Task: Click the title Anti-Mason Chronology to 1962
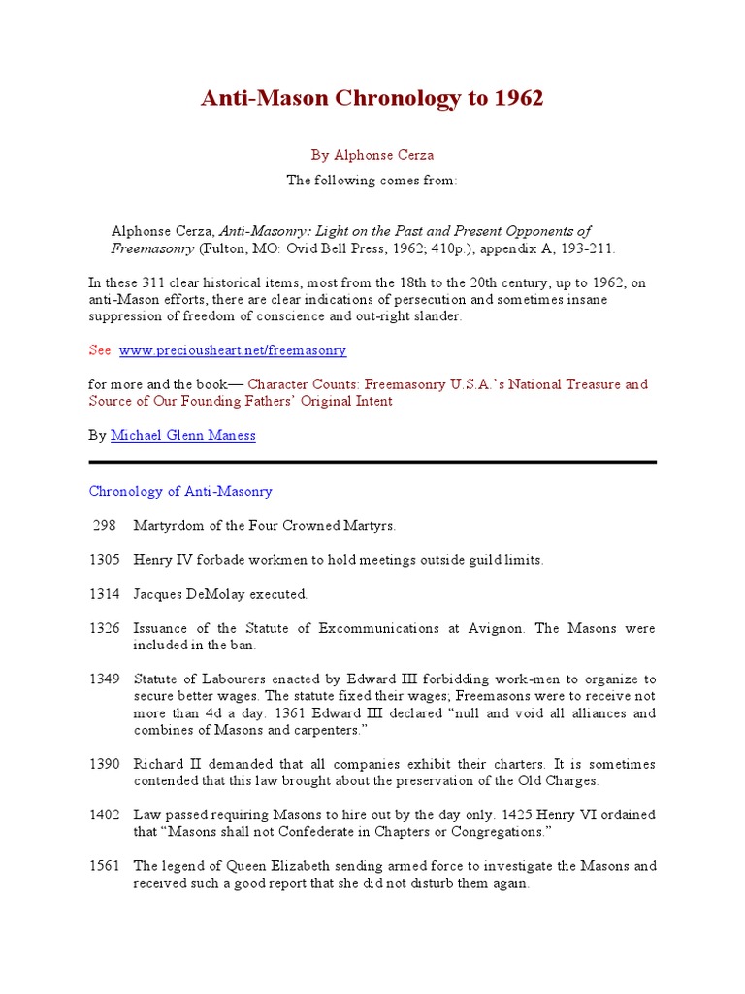coord(372,98)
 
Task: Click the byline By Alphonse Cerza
coord(372,154)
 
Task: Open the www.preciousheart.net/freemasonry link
coord(232,350)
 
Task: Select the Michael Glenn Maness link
coord(183,436)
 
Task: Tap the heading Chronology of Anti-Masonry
coord(180,491)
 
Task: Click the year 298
coord(105,526)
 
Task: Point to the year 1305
coord(105,560)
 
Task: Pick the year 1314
coord(105,594)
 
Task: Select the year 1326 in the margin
coord(105,628)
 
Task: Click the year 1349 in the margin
coord(105,679)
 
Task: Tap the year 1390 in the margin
coord(105,764)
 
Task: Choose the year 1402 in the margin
coord(105,814)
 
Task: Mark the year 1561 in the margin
coord(105,866)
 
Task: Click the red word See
coord(100,350)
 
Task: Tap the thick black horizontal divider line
coord(372,462)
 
